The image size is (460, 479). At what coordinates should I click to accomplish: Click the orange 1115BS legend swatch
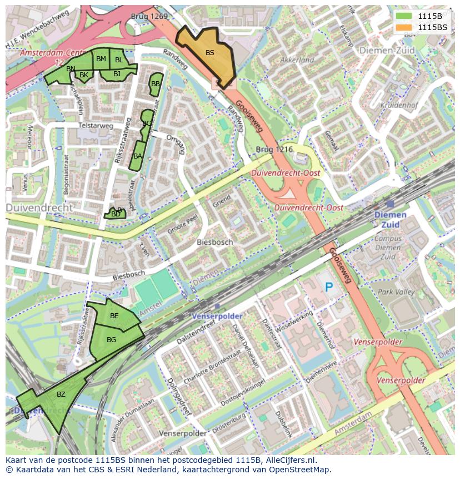click(x=405, y=27)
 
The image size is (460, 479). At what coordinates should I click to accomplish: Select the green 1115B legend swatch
click(x=405, y=16)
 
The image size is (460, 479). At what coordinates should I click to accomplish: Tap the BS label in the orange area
click(x=210, y=53)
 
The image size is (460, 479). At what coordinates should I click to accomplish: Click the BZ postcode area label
click(x=61, y=394)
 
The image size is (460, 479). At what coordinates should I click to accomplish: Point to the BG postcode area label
click(x=111, y=339)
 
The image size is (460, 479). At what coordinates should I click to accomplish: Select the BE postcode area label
click(x=114, y=315)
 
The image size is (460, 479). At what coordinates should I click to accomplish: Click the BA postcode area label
click(x=138, y=156)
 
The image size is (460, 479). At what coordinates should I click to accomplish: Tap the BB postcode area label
click(x=156, y=84)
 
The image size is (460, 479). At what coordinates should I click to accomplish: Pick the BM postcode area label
click(x=101, y=58)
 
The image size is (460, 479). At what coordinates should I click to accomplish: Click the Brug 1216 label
click(x=274, y=150)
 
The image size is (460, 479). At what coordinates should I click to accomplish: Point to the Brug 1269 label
click(x=149, y=17)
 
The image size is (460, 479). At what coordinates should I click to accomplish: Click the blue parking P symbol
click(x=329, y=287)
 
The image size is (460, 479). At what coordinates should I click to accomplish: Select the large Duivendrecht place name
click(x=39, y=208)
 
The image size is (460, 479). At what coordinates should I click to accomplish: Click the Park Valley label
click(x=396, y=292)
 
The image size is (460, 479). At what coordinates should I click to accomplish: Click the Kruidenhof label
click(x=399, y=105)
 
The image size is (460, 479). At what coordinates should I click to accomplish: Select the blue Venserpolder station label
click(x=217, y=315)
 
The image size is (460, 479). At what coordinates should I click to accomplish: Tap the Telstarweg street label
click(x=96, y=126)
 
